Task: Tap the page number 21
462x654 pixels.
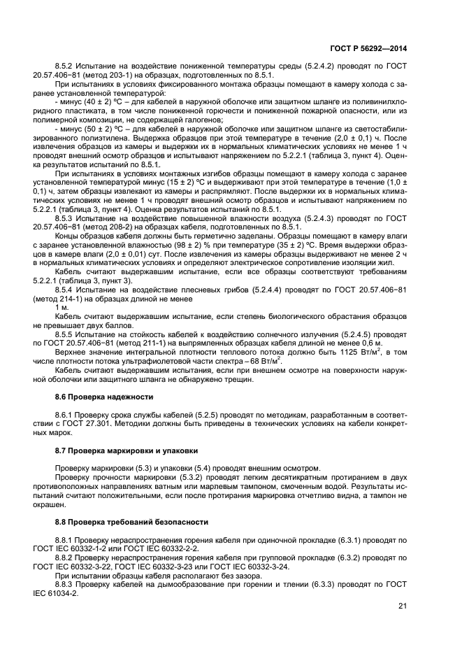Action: (x=403, y=606)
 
